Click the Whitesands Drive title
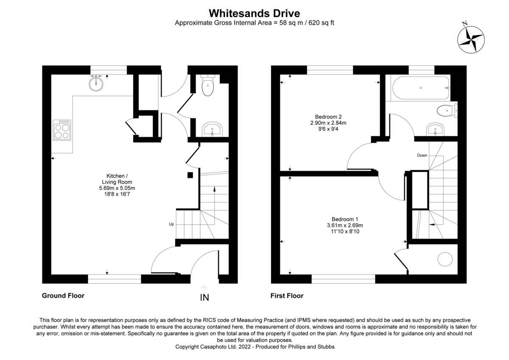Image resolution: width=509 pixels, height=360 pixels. [255, 14]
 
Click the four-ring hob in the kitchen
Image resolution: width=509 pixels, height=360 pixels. [62, 130]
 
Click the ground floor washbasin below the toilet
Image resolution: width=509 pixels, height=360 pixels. [212, 130]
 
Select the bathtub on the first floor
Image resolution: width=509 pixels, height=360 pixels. [421, 88]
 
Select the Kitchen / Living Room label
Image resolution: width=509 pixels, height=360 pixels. [115, 179]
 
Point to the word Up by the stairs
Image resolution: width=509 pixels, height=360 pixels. [171, 224]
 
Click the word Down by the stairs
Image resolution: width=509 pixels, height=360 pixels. [422, 155]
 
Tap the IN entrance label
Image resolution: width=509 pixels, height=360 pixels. [204, 298]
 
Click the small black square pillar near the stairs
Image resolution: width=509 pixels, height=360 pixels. [190, 175]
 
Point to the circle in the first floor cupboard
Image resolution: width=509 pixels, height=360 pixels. [445, 259]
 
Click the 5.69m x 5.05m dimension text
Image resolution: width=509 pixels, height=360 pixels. [117, 188]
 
